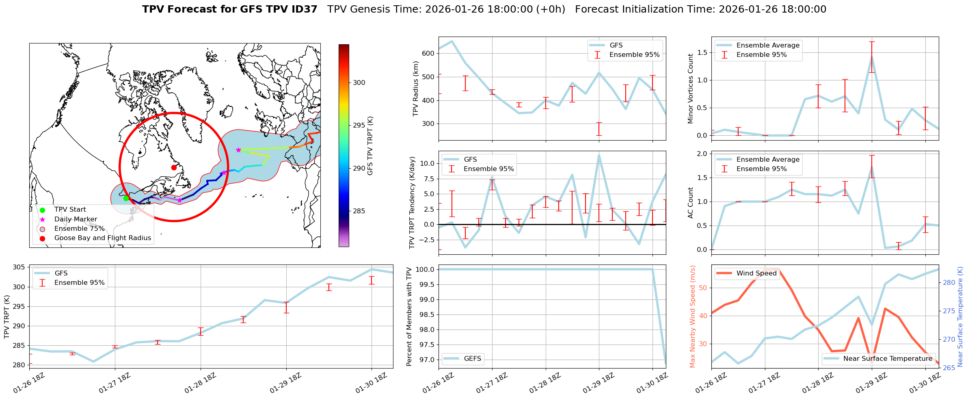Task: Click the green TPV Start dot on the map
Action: click(x=126, y=198)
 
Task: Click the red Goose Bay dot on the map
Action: click(x=174, y=167)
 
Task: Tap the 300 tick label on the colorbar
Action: click(x=359, y=82)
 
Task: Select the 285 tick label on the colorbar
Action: click(x=359, y=211)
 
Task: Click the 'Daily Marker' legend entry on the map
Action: click(x=76, y=219)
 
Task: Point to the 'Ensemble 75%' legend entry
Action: click(x=79, y=229)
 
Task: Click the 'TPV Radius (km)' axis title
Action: click(x=415, y=89)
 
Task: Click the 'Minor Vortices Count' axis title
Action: click(x=690, y=89)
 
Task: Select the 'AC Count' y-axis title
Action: click(x=690, y=203)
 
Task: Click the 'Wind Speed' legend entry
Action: click(x=756, y=273)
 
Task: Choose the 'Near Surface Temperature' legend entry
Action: click(x=887, y=359)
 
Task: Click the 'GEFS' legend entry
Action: click(x=472, y=359)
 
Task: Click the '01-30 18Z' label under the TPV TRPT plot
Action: click(x=371, y=383)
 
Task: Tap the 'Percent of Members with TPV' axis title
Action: click(x=409, y=317)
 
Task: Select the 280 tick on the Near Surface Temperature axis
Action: click(x=949, y=282)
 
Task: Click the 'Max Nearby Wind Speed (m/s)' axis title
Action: click(x=692, y=317)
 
